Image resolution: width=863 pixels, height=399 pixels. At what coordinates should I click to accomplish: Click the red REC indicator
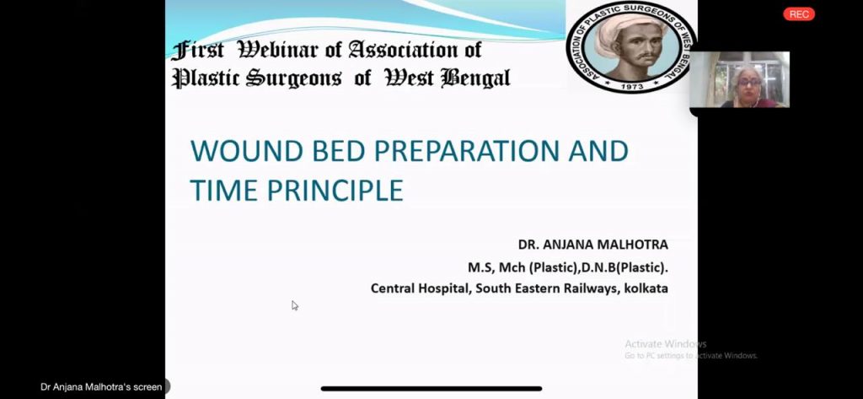(799, 14)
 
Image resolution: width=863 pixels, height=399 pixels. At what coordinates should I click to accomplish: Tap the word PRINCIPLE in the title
(335, 190)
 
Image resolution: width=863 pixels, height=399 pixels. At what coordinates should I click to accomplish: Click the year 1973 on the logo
(632, 87)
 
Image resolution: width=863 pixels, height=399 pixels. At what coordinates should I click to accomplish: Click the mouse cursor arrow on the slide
(294, 305)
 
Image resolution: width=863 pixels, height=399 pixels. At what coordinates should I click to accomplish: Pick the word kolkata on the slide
(646, 288)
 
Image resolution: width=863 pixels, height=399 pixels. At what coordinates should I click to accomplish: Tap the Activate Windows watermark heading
(666, 344)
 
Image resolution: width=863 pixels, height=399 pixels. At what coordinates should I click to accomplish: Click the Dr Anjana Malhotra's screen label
(101, 387)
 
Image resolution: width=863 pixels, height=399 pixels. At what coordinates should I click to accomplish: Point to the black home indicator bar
(431, 389)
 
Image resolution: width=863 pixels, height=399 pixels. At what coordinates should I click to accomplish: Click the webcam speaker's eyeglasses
(748, 83)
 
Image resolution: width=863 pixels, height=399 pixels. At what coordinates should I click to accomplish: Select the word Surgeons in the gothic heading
(293, 78)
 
